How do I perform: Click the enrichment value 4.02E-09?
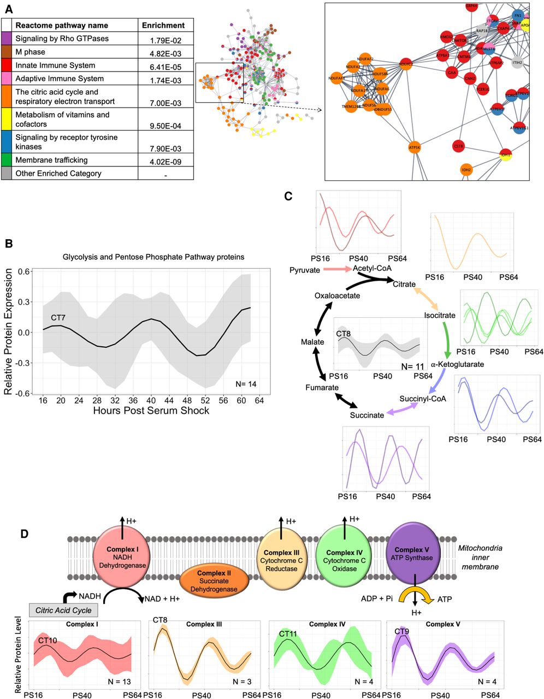pos(165,162)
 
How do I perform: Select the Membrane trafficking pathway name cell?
pos(51,160)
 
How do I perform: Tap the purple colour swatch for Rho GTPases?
pos(7,39)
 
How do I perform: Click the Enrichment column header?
pos(163,25)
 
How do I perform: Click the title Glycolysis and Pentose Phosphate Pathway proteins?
pos(153,257)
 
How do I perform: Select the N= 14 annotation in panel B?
pos(245,384)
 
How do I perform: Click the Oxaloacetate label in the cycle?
pos(337,295)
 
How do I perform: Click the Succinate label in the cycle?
pos(367,415)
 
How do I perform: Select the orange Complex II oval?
pos(214,581)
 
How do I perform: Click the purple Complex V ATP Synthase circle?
pos(413,554)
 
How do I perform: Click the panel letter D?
pos(24,533)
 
